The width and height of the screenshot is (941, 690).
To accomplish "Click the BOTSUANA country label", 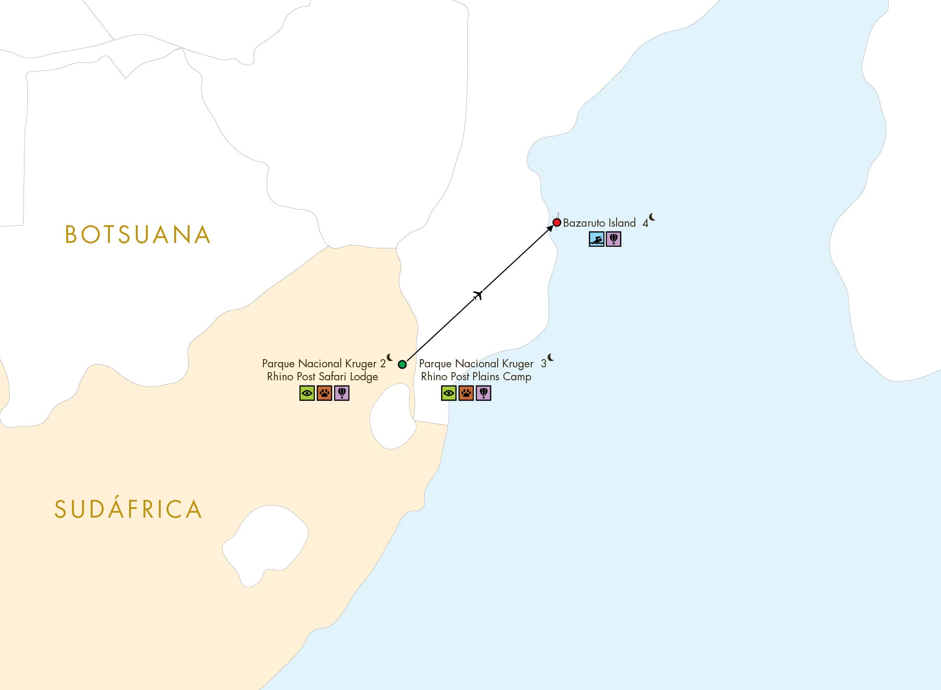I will pos(138,235).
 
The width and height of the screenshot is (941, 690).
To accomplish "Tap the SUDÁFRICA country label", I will pos(128,509).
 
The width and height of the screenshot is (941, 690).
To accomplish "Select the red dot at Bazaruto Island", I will pos(557,223).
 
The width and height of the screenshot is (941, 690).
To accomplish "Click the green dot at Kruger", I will pos(402,364).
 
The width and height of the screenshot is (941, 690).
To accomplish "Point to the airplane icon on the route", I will pos(477,295).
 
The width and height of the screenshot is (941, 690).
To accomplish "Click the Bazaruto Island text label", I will pos(599,223).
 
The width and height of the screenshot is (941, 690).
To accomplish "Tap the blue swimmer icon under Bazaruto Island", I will pos(596,239).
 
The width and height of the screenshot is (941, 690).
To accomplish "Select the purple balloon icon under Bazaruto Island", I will pos(614,239).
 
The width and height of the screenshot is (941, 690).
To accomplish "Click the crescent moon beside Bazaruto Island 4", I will pos(652,217).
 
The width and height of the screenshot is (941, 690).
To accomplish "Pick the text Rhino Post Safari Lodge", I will pos(322,377).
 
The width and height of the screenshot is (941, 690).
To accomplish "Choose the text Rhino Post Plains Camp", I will pos(476,377).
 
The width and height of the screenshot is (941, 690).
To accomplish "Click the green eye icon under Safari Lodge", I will pos(307,393).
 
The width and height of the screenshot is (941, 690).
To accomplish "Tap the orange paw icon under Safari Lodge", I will pos(324,393).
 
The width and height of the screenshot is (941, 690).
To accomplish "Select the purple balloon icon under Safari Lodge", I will pos(342,393).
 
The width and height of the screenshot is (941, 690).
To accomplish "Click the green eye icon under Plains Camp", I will pos(449,393).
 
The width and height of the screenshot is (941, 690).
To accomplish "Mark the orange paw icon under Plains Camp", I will pos(466,393).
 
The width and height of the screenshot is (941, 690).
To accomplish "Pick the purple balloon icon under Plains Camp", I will pos(483,393).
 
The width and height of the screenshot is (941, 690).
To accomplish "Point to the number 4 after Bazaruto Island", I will pos(645,223).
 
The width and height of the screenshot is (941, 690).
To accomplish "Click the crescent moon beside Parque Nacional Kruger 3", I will pos(551,358).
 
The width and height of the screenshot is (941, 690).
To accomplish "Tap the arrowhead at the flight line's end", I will pos(550,229).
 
